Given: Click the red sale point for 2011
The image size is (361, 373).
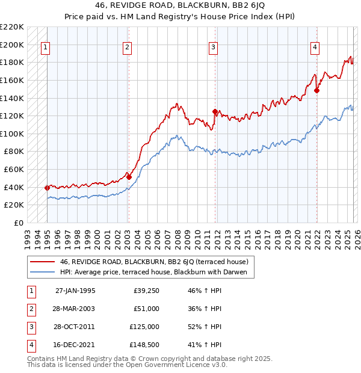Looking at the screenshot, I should click(x=215, y=111).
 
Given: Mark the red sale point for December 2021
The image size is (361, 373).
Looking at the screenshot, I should click(x=316, y=91).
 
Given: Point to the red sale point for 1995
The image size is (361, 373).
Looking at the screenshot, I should click(x=47, y=188).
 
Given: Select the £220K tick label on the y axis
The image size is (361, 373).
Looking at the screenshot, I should click(x=13, y=27).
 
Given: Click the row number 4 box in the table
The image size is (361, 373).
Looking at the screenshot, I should click(x=30, y=345).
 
